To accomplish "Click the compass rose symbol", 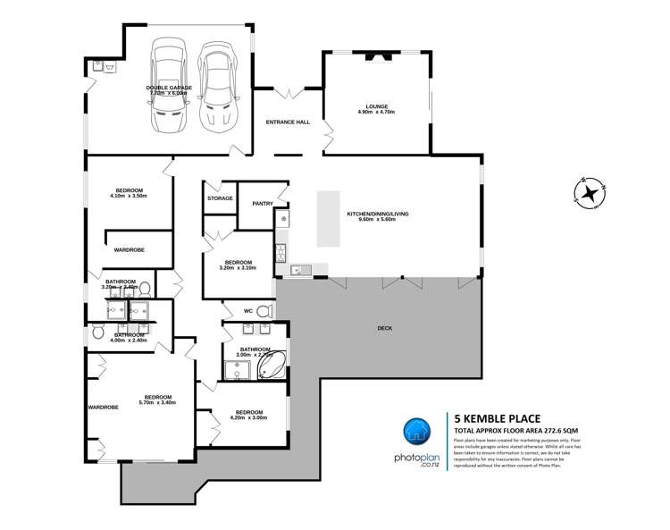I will point(590,191).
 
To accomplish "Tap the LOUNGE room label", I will point(376,106).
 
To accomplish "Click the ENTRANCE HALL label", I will point(288,122).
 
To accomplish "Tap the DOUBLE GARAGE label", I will point(169,88).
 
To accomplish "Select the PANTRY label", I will point(262,204).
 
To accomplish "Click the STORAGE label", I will point(220,198).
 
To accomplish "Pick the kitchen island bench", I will point(329,219).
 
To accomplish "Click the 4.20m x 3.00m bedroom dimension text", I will point(248,417).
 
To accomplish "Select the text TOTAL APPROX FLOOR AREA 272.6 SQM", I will point(523,431).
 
